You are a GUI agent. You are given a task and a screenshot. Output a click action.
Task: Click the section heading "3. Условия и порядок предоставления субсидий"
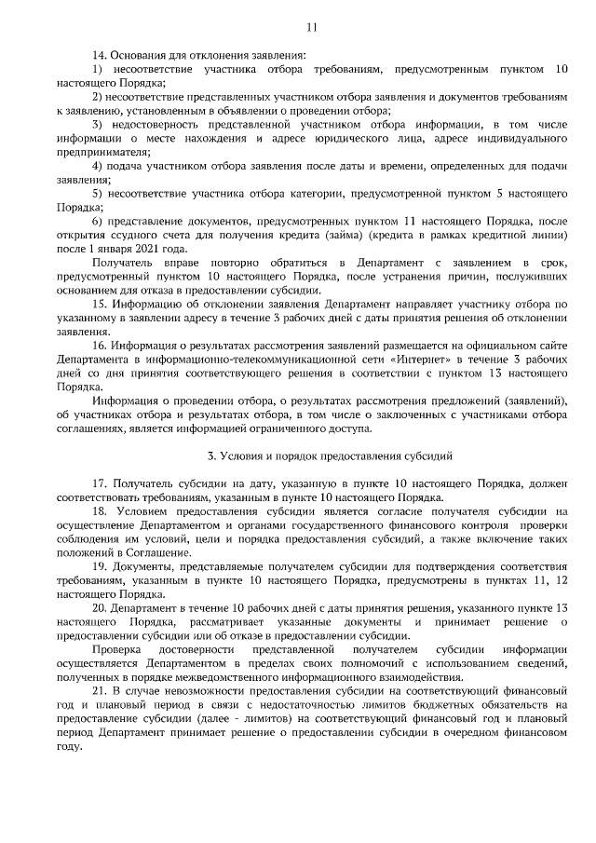[x=329, y=456]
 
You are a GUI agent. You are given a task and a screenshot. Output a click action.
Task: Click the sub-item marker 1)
[x=97, y=70]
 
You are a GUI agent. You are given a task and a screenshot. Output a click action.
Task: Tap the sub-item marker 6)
[x=97, y=221]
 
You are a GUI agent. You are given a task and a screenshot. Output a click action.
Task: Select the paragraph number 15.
[x=98, y=304]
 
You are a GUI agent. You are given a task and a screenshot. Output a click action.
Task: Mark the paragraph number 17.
[x=98, y=484]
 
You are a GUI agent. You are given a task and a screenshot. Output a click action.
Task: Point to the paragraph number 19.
[x=98, y=567]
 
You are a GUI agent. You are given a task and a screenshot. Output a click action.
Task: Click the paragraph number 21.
[x=98, y=692]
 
